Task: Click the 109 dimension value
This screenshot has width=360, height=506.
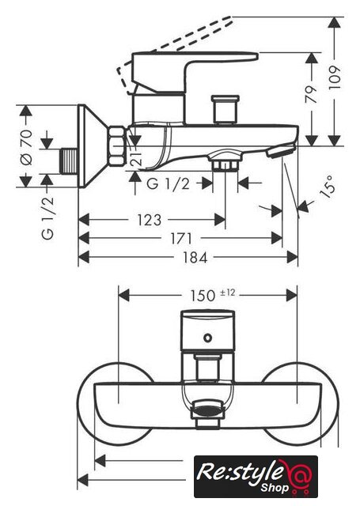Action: pyautogui.click(x=335, y=77)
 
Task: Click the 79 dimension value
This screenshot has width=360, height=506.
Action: pyautogui.click(x=311, y=95)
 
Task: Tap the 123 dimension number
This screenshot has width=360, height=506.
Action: pyautogui.click(x=150, y=220)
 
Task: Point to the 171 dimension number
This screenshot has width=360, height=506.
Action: pyautogui.click(x=181, y=239)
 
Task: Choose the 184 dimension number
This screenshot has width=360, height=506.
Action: pyautogui.click(x=195, y=258)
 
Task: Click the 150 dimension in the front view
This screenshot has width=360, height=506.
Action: pyautogui.click(x=202, y=295)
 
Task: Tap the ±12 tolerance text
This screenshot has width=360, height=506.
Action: pyautogui.click(x=228, y=293)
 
